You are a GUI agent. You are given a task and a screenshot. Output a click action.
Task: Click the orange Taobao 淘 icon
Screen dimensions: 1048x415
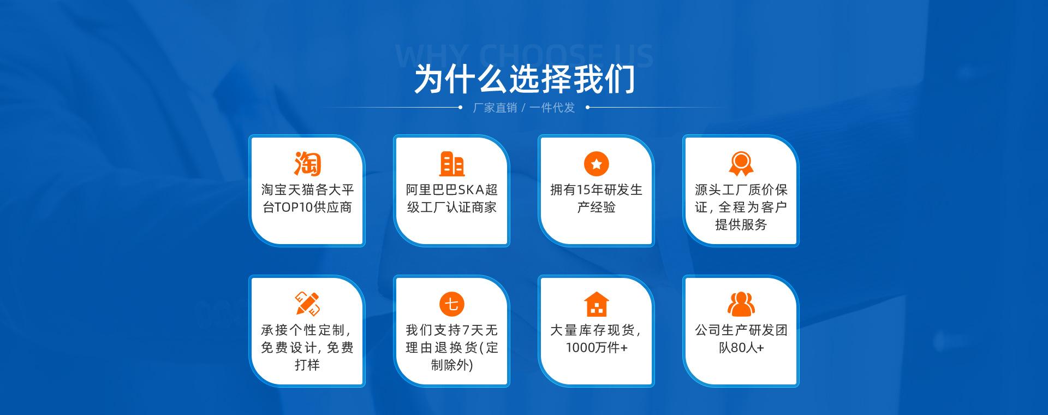click(307, 163)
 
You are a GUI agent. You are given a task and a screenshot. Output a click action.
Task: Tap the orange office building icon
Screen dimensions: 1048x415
click(452, 163)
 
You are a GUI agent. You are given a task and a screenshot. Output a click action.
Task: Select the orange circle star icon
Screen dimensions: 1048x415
click(597, 163)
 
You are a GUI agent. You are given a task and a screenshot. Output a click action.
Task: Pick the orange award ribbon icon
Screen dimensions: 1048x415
click(741, 163)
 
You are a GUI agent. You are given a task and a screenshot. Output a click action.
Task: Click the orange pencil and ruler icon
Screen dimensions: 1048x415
click(307, 304)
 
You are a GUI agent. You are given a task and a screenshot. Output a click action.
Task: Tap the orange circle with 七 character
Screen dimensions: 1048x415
click(452, 304)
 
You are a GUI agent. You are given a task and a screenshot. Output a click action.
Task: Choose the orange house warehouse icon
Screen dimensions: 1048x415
click(597, 304)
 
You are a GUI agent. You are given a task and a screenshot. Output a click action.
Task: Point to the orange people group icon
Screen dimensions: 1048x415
click(741, 304)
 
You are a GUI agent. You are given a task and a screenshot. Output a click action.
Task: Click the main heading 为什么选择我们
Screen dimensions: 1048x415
click(525, 79)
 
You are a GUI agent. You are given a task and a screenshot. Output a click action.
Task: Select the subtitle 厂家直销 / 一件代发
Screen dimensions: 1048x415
click(524, 108)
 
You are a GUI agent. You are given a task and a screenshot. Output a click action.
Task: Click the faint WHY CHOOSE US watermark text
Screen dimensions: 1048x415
click(524, 55)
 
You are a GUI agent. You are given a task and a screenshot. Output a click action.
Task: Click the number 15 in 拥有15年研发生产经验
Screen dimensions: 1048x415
click(582, 190)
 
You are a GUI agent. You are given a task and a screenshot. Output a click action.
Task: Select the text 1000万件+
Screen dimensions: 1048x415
click(597, 348)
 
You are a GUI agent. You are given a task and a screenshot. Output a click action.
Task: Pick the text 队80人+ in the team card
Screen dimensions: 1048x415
click(741, 348)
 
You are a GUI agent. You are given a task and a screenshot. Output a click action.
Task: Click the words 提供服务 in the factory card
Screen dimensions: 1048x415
click(741, 225)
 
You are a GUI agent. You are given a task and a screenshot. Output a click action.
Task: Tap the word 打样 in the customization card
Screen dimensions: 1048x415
click(307, 365)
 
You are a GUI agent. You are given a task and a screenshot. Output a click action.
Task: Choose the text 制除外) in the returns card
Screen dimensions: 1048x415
click(452, 365)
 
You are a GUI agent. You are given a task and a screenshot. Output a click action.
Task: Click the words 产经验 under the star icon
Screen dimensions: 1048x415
click(597, 207)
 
